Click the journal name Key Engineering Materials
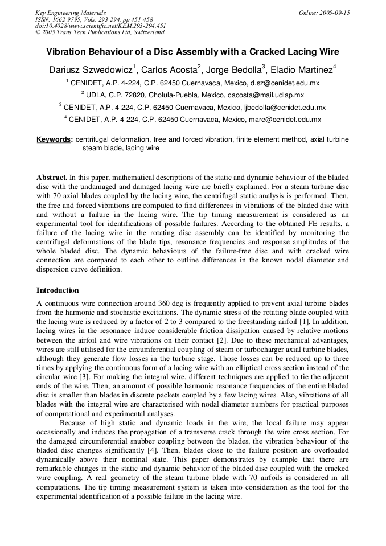pos(70,13)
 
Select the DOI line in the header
pos(100,26)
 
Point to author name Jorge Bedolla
pos(233,70)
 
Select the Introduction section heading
pos(58,290)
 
